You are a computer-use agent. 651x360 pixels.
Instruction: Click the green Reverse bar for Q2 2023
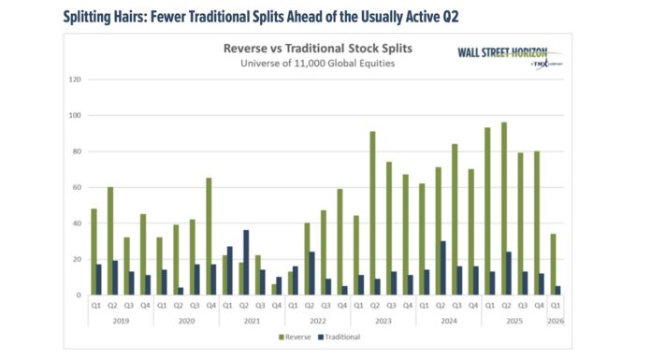[x=373, y=213]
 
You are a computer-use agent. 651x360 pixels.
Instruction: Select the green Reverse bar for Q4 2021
[x=275, y=290]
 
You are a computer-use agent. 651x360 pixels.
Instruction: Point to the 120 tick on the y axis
[x=72, y=79]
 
